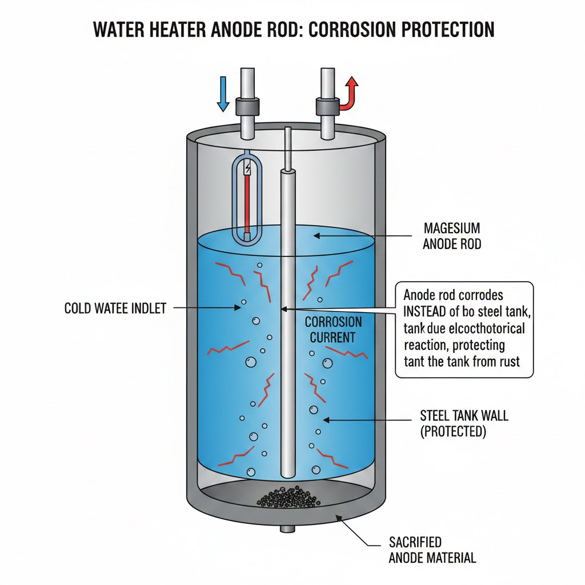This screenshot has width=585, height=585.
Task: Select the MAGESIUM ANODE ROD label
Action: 452,236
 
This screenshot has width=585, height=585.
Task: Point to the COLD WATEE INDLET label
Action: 115,308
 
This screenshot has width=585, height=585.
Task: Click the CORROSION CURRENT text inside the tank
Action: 333,329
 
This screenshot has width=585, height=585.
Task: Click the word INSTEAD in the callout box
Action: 429,312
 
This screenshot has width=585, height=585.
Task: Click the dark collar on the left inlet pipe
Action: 247,106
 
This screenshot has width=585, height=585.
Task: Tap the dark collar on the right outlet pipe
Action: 327,106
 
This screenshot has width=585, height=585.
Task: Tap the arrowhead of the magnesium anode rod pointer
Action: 315,235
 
